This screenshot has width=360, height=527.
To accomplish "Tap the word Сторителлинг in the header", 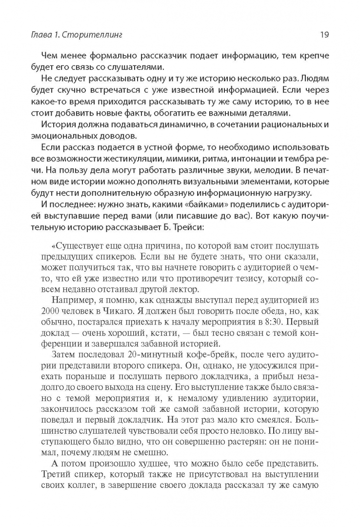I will pos(98,35).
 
